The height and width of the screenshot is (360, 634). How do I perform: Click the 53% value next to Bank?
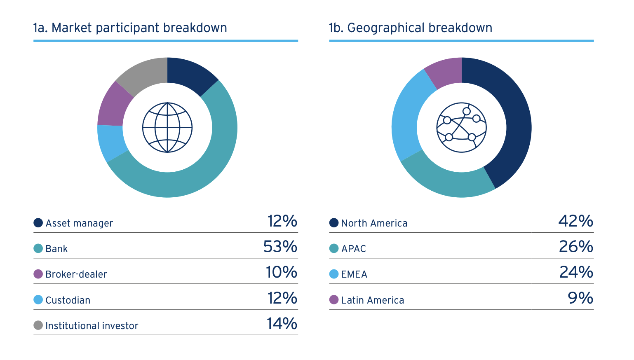[280, 247]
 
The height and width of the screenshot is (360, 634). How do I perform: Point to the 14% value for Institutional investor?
[282, 324]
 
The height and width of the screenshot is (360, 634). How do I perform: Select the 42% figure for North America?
[576, 221]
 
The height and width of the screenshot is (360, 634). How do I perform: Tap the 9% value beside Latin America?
[580, 298]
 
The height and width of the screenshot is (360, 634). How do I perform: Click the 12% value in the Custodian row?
[282, 298]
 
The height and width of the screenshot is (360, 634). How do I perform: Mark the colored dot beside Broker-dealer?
[38, 274]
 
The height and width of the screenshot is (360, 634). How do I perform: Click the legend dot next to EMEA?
[334, 274]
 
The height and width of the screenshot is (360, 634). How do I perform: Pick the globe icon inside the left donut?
[167, 127]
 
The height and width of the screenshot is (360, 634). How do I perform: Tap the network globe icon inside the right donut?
[462, 127]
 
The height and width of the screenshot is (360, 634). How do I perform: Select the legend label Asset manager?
[79, 223]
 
